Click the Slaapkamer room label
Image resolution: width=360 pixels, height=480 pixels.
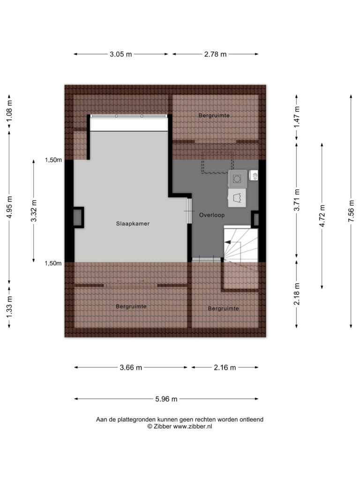[x=133, y=224]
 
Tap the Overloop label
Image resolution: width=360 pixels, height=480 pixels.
[x=212, y=215]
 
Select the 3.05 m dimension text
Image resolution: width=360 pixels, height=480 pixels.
[x=120, y=54]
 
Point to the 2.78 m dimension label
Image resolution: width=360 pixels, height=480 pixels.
[x=215, y=54]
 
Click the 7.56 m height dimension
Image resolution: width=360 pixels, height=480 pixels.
[x=351, y=211]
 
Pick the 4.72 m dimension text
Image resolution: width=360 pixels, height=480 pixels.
[x=322, y=216]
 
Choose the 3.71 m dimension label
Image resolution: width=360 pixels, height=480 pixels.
[x=296, y=200]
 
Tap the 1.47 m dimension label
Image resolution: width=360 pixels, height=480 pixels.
[x=296, y=117]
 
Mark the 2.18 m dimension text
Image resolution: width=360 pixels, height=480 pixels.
[x=296, y=294]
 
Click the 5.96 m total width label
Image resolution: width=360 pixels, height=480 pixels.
[x=166, y=399]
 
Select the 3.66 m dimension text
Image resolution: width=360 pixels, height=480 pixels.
[x=131, y=367]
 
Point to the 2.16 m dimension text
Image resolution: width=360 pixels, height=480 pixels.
[x=225, y=367]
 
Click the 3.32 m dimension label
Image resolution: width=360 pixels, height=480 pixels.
[x=34, y=210]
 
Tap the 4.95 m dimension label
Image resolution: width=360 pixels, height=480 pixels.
[x=9, y=207]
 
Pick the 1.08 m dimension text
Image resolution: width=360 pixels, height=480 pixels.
[x=9, y=111]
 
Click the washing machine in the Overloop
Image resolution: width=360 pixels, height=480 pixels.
[x=237, y=179]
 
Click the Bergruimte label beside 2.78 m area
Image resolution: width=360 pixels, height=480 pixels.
[x=214, y=115]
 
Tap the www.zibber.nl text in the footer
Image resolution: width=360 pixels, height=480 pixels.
[x=193, y=427]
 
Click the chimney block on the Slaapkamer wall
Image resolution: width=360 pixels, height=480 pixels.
[x=78, y=217]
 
